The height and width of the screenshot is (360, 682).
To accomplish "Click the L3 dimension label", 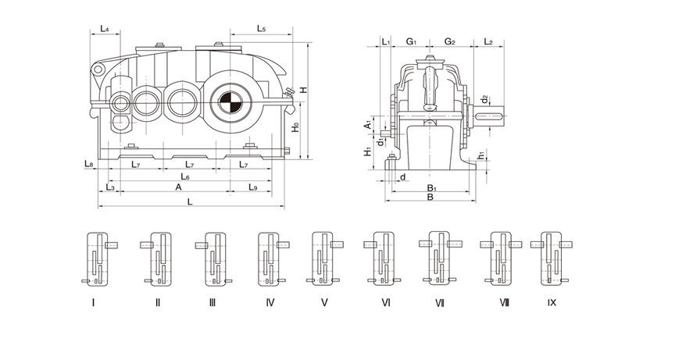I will tap(110, 187).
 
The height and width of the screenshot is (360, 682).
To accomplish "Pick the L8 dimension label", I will tap(89, 164).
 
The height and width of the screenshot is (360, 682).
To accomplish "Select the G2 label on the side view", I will tap(450, 41).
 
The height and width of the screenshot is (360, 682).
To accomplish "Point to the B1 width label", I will tap(430, 188).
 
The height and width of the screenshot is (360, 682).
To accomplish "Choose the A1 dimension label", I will tap(369, 125).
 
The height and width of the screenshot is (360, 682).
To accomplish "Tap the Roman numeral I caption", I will tap(94, 302).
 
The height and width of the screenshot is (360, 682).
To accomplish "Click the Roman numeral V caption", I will tap(323, 302).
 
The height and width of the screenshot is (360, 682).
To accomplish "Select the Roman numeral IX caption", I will tap(552, 302).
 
